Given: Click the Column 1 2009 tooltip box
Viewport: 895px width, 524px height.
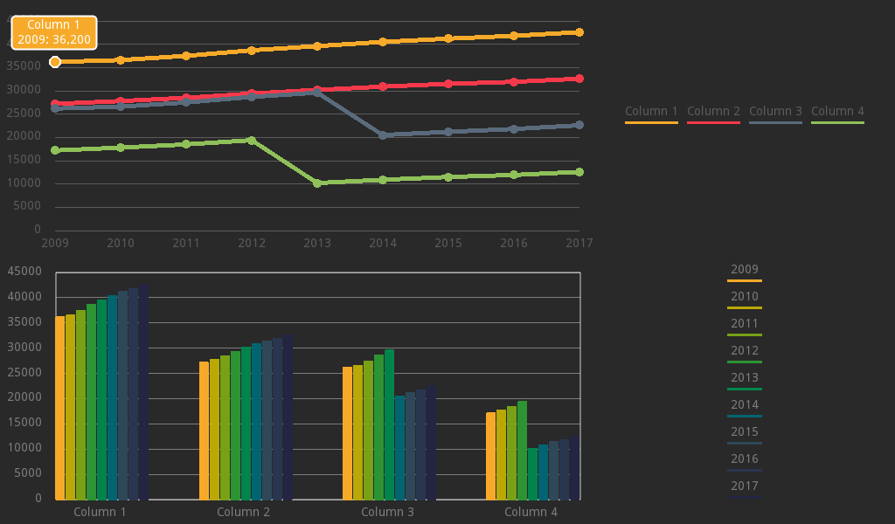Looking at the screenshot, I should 53,33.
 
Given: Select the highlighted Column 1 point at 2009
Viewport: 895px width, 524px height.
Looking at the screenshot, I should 55,62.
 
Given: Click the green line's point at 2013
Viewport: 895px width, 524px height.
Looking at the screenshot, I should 317,183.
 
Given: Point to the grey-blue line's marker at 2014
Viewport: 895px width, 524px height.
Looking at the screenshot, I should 383,135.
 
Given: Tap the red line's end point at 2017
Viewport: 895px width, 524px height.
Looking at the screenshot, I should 579,79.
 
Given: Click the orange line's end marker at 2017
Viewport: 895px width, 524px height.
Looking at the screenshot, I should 579,32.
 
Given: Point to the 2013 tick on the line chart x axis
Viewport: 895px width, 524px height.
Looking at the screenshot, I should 317,242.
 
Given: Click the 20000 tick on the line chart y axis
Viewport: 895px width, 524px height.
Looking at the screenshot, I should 26,136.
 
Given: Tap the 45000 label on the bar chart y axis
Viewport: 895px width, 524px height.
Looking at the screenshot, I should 24,272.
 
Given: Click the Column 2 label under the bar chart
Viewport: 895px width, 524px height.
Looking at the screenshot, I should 243,512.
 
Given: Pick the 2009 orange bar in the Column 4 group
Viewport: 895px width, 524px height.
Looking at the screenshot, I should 490,456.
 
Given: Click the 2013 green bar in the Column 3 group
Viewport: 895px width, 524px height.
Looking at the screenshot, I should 389,424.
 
